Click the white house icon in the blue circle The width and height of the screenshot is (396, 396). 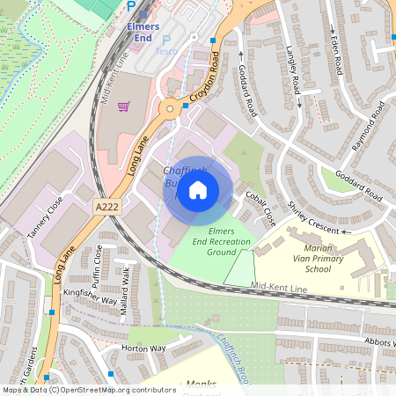pyautogui.click(x=198, y=189)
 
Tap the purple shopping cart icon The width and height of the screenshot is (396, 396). pyautogui.click(x=124, y=106)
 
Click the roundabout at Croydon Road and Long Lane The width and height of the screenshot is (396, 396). pyautogui.click(x=169, y=109)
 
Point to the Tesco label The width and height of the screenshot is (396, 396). pyautogui.click(x=165, y=51)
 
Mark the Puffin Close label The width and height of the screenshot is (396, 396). pyautogui.click(x=99, y=260)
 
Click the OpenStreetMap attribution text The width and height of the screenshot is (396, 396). pyautogui.click(x=88, y=390)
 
